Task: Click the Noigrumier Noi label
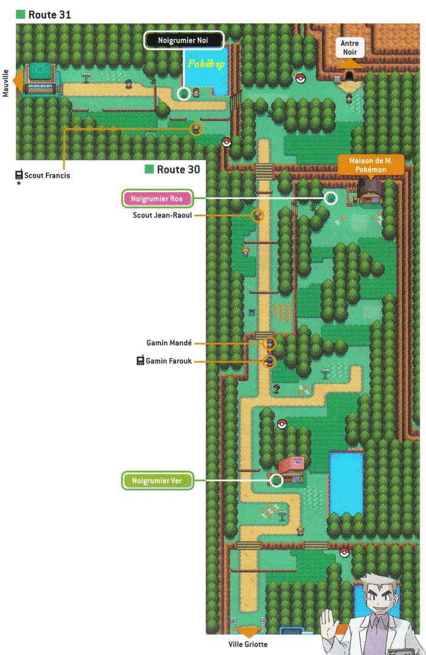pyautogui.click(x=184, y=40)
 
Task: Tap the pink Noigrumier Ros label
pyautogui.click(x=157, y=198)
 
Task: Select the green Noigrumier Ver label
pyautogui.click(x=157, y=481)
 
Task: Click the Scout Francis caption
pyautogui.click(x=47, y=175)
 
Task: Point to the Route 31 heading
pyautogui.click(x=49, y=15)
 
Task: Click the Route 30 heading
pyautogui.click(x=178, y=169)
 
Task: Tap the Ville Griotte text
pyautogui.click(x=248, y=644)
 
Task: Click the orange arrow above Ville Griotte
pyautogui.click(x=248, y=632)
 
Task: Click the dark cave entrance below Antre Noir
pyautogui.click(x=349, y=76)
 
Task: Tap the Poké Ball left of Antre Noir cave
pyautogui.click(x=300, y=77)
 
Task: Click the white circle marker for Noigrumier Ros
pyautogui.click(x=330, y=198)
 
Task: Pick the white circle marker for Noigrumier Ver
pyautogui.click(x=276, y=481)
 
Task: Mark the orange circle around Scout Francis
pyautogui.click(x=195, y=128)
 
